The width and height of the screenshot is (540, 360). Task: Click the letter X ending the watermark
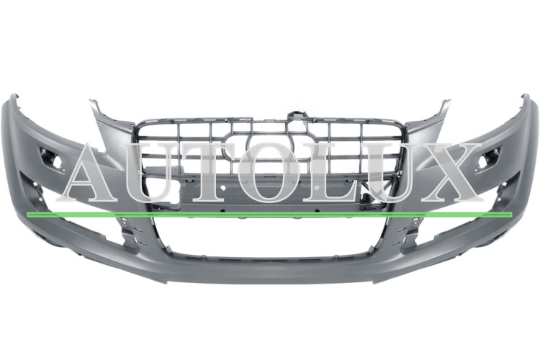(449, 172)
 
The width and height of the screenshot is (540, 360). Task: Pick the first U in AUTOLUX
(158, 173)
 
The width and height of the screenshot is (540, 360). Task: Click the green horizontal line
(269, 215)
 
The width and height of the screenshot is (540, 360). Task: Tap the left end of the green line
(27, 215)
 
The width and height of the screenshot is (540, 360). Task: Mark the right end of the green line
(512, 215)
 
